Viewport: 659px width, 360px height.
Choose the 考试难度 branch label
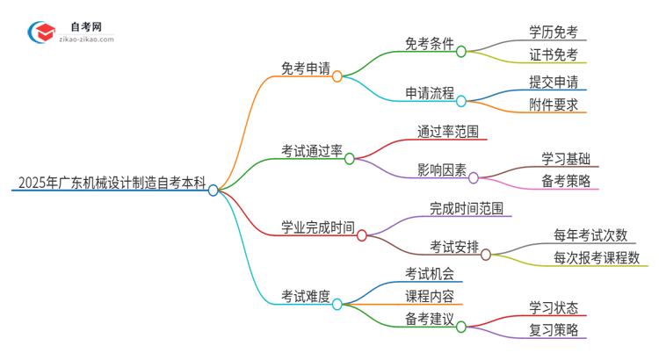(x=305, y=297)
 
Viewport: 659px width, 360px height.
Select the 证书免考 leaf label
(x=554, y=54)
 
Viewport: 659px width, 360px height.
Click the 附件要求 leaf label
(x=554, y=104)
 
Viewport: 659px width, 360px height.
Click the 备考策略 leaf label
(x=566, y=181)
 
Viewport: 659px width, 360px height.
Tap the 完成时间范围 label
(x=466, y=208)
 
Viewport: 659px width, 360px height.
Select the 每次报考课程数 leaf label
(x=601, y=258)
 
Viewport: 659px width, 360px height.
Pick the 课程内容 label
(x=428, y=295)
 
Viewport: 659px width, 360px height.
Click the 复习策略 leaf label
(x=554, y=330)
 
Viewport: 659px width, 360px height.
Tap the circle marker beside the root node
(x=213, y=190)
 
